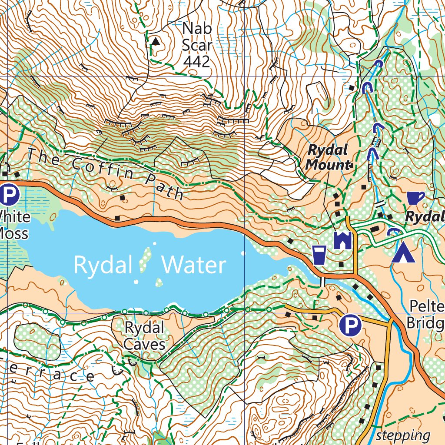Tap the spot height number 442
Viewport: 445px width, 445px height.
197,61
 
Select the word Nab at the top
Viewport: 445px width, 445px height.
197,29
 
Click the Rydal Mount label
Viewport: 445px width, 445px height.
328,157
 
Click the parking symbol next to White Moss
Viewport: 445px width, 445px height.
8,195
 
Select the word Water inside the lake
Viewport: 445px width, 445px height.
194,265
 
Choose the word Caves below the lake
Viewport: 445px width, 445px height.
144,345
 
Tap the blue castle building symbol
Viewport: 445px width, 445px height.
342,240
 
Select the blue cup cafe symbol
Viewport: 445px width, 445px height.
415,198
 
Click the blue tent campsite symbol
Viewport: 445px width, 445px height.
403,253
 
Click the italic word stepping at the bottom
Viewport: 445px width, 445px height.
403,435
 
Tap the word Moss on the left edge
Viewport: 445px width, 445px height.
13,233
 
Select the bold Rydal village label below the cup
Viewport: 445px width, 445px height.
425,216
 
